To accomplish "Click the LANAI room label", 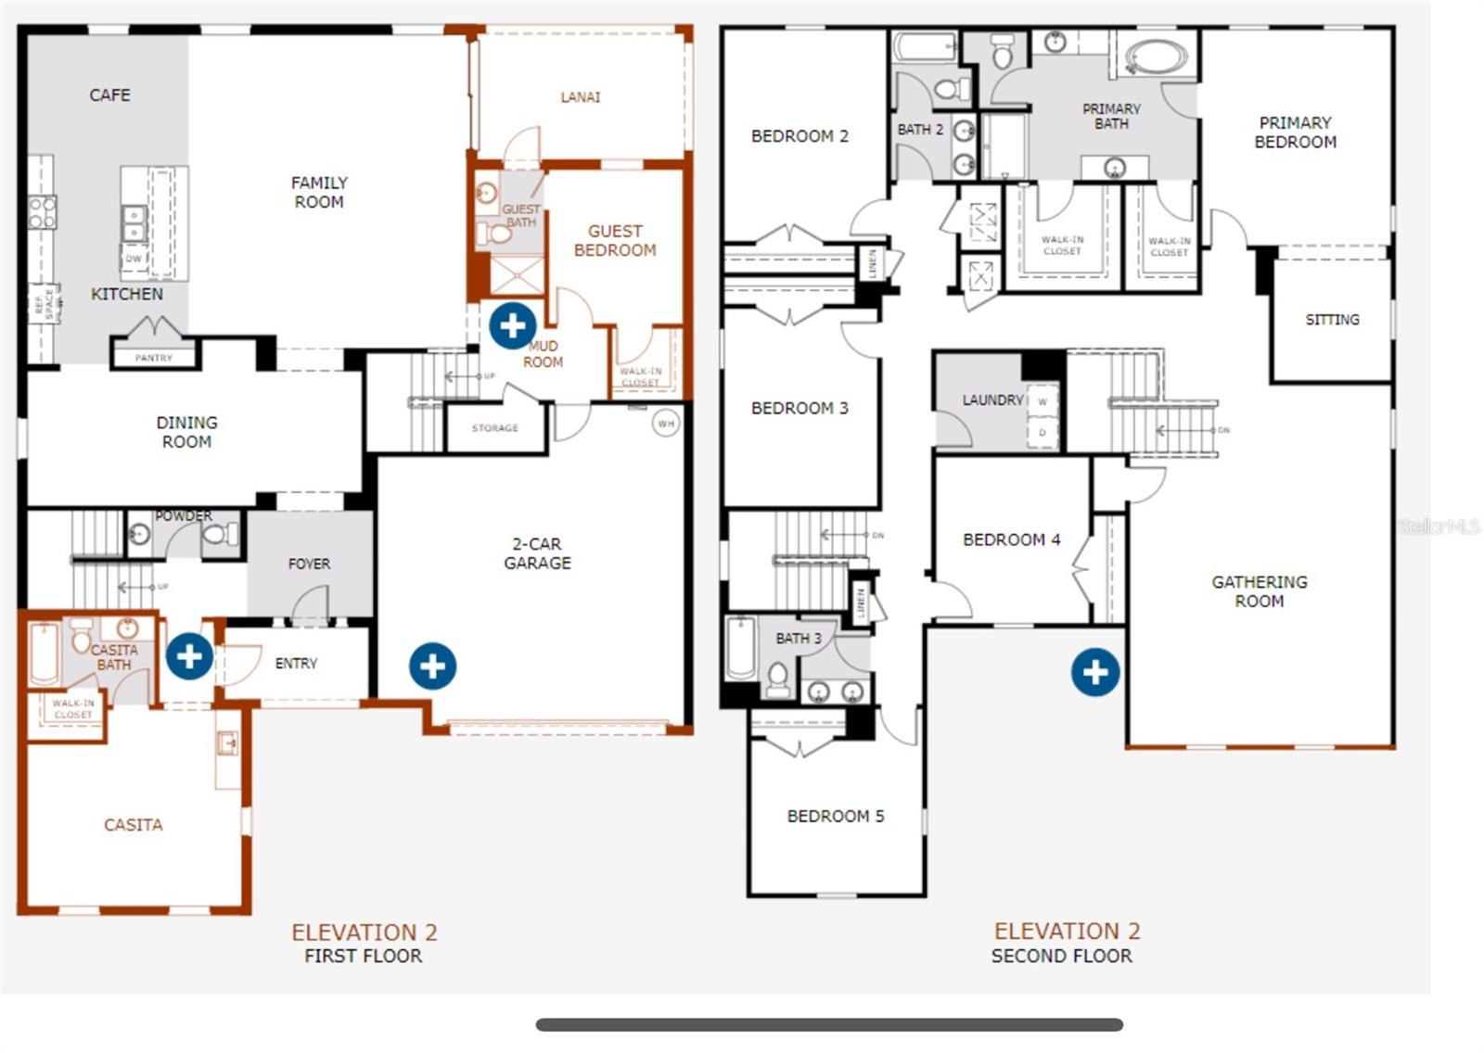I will (x=580, y=96).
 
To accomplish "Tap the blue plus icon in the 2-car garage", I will (x=433, y=666).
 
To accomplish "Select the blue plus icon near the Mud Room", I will (x=512, y=325).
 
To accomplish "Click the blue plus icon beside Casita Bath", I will (x=189, y=656).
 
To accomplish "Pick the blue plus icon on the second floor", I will (x=1095, y=672).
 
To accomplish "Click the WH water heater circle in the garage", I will (x=666, y=424).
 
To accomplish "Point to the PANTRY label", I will (x=153, y=358).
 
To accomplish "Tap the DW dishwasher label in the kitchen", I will (x=134, y=259).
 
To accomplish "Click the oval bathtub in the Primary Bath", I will (x=1156, y=57).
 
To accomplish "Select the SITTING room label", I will (x=1332, y=320).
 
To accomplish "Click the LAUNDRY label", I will (x=992, y=400).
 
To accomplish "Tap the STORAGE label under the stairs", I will (x=494, y=428).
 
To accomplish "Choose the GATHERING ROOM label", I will (x=1259, y=591).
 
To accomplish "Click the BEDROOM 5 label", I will (x=835, y=817).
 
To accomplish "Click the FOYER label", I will (x=309, y=564).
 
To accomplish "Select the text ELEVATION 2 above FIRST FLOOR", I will (x=364, y=932).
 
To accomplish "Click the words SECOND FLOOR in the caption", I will (x=1061, y=956).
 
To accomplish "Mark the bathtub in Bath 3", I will (x=741, y=648).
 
